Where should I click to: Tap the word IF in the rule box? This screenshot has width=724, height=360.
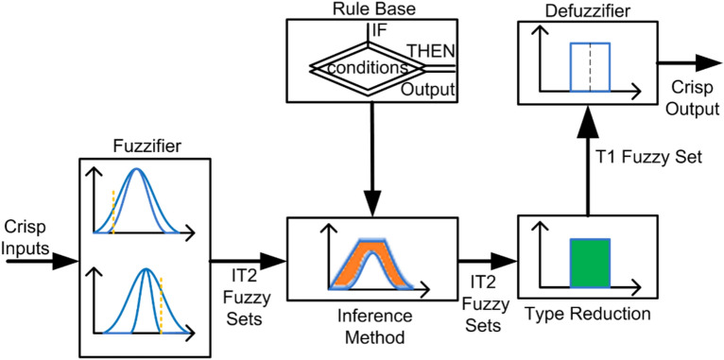click(380, 29)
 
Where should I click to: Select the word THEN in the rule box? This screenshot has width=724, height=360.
click(430, 50)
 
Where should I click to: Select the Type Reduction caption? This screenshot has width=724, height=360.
click(588, 311)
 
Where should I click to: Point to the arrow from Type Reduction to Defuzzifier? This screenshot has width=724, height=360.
click(588, 161)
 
